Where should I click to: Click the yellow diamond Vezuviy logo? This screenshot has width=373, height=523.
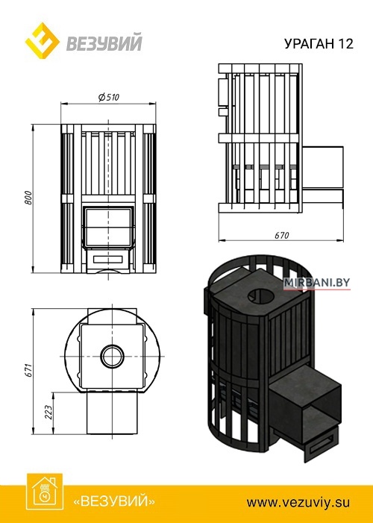click(43, 41)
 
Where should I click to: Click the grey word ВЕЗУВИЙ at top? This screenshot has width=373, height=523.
click(104, 42)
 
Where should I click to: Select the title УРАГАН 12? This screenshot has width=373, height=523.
click(319, 44)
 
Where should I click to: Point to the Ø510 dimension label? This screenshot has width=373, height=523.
click(109, 98)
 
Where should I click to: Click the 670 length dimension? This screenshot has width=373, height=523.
click(282, 236)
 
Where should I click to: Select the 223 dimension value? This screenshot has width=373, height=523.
click(48, 413)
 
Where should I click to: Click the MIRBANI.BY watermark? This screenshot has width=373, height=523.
click(316, 283)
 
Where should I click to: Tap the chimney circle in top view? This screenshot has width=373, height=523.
click(113, 356)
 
